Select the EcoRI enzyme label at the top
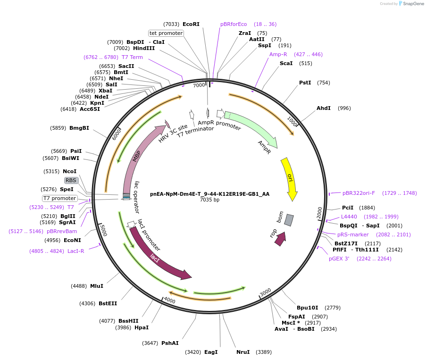(x=191, y=24)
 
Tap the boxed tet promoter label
(x=166, y=33)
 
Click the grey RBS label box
(x=71, y=180)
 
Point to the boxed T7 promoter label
(x=59, y=198)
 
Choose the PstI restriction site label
(x=305, y=83)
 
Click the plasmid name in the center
(x=210, y=193)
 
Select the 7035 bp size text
(x=210, y=200)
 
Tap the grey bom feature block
(x=289, y=220)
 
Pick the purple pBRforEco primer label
(x=234, y=24)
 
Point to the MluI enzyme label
(x=96, y=286)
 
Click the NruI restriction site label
(x=243, y=352)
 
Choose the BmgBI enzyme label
(x=79, y=128)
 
